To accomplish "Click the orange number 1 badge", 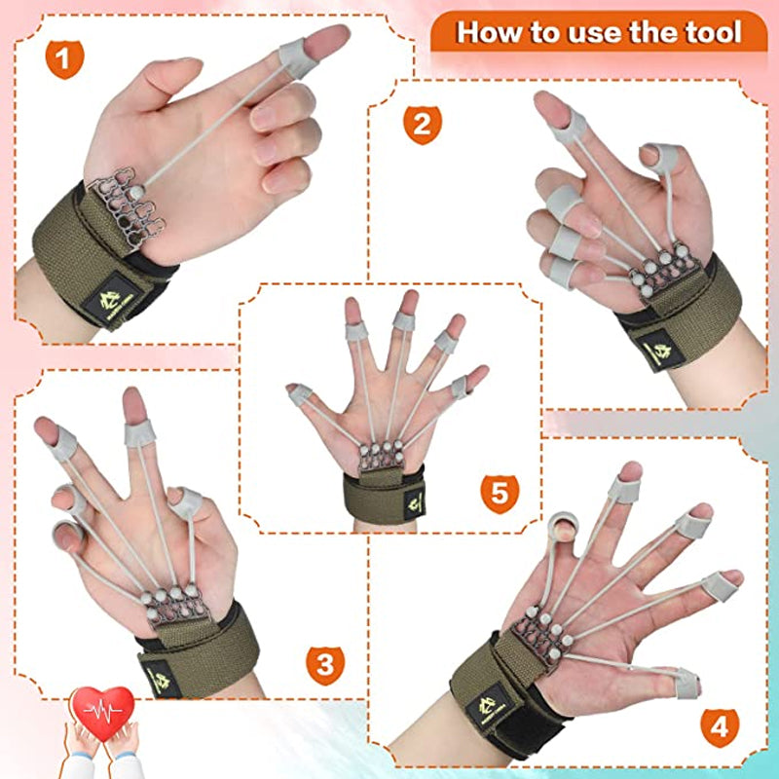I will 63,60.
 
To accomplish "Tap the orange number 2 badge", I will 422,124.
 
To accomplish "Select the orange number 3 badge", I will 325,665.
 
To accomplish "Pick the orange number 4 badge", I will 719,725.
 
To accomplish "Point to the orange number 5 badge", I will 499,492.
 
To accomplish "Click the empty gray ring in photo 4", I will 566,531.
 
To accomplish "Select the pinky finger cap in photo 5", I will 459,387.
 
